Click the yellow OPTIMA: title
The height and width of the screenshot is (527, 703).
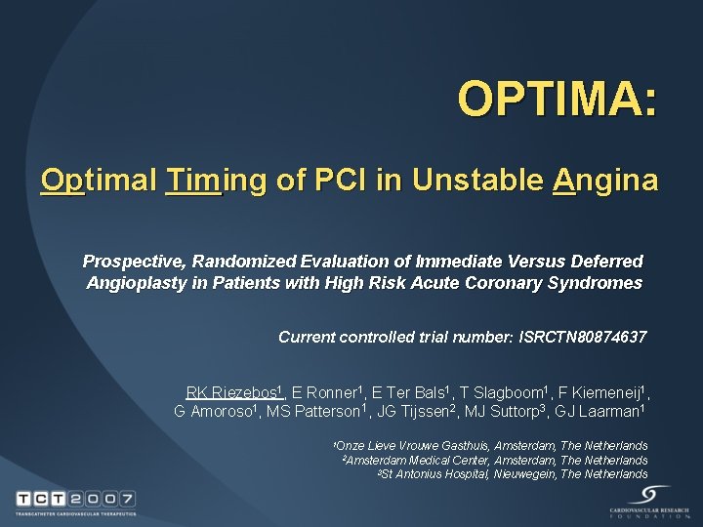(557, 100)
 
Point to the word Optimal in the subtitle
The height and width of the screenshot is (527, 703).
(99, 181)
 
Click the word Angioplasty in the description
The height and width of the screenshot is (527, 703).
(132, 284)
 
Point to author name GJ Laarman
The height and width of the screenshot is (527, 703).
(600, 411)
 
